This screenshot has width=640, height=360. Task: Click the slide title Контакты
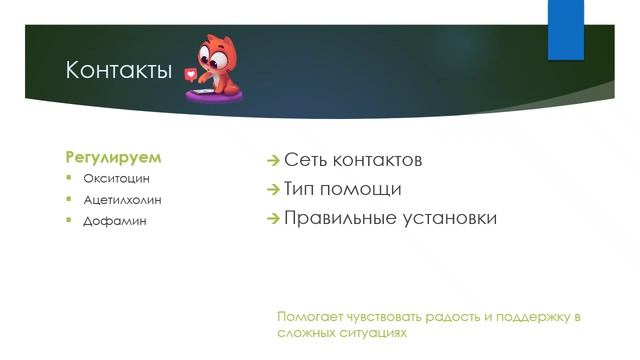point(118,71)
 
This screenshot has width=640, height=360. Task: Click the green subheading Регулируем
point(113,157)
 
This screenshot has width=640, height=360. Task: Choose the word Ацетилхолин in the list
point(122,199)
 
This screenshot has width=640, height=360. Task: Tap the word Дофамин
point(115,220)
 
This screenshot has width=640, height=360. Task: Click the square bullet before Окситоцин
point(71,178)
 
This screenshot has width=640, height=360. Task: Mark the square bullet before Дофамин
point(71,220)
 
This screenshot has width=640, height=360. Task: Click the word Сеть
point(307,160)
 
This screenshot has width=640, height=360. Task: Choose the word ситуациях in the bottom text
point(375,332)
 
